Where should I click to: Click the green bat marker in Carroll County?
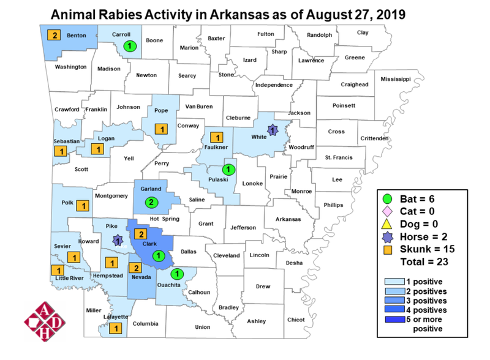click(x=129, y=46)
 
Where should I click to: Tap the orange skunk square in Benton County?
click(x=55, y=35)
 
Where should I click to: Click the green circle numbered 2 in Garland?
click(x=151, y=201)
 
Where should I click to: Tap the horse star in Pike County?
click(x=116, y=241)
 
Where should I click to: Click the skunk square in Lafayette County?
click(x=115, y=329)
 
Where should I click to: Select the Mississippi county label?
click(x=396, y=80)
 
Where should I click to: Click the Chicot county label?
click(x=295, y=320)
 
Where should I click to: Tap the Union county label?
click(x=202, y=327)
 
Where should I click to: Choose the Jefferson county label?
click(x=243, y=227)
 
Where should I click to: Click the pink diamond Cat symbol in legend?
click(x=387, y=212)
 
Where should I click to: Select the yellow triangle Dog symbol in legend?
click(x=387, y=225)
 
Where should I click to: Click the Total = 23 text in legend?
click(x=424, y=262)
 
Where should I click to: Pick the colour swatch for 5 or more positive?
click(x=395, y=321)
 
